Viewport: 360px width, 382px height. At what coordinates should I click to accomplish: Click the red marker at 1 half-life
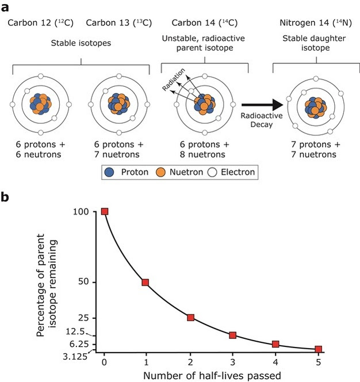point(145,282)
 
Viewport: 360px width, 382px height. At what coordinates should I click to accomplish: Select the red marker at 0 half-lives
point(105,211)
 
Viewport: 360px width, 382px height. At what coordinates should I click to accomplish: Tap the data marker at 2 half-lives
point(190,318)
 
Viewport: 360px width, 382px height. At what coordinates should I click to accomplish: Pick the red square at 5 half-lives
point(318,349)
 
